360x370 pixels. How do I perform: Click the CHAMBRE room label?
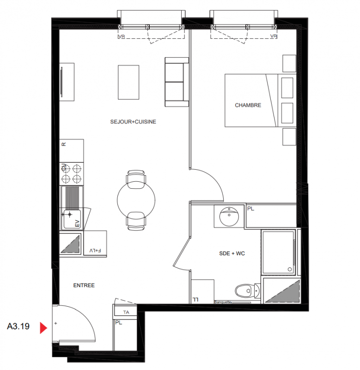pyautogui.click(x=248, y=105)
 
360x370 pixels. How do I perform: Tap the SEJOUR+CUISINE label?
pyautogui.click(x=133, y=122)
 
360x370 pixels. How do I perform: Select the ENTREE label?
pyautogui.click(x=84, y=285)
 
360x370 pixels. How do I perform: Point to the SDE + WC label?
pyautogui.click(x=232, y=253)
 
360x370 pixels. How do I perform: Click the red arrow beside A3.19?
pyautogui.click(x=43, y=328)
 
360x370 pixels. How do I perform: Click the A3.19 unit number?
pyautogui.click(x=18, y=327)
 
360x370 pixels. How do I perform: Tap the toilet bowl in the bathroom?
pyautogui.click(x=244, y=290)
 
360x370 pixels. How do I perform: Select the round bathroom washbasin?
pyautogui.click(x=229, y=216)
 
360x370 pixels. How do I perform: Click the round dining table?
pyautogui.click(x=136, y=200)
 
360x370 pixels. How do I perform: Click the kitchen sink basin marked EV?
pyautogui.click(x=72, y=219)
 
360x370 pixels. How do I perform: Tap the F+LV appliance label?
pyautogui.click(x=95, y=250)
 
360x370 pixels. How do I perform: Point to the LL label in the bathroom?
pyautogui.click(x=195, y=299)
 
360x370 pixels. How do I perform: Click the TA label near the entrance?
pyautogui.click(x=126, y=312)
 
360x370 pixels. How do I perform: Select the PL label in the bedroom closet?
pyautogui.click(x=250, y=209)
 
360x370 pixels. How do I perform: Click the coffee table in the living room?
pyautogui.click(x=128, y=82)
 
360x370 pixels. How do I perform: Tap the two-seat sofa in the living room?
pyautogui.click(x=177, y=82)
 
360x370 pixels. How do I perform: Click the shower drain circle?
pyautogui.click(x=290, y=269)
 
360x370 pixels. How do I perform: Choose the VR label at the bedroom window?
pyautogui.click(x=274, y=36)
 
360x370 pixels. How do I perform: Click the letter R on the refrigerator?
pyautogui.click(x=64, y=144)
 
